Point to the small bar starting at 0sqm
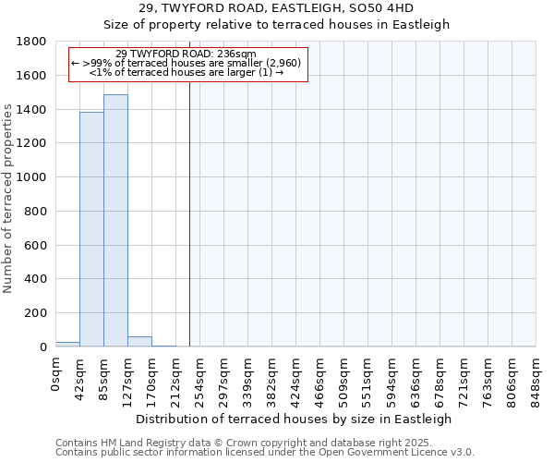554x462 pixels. click(67, 344)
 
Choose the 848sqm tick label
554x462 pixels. click(536, 376)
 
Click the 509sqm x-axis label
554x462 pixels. click(344, 376)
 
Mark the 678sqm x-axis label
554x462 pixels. click(440, 376)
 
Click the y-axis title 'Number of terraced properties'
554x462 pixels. click(8, 199)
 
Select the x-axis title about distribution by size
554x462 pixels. click(295, 419)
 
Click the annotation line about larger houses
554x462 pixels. click(187, 73)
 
